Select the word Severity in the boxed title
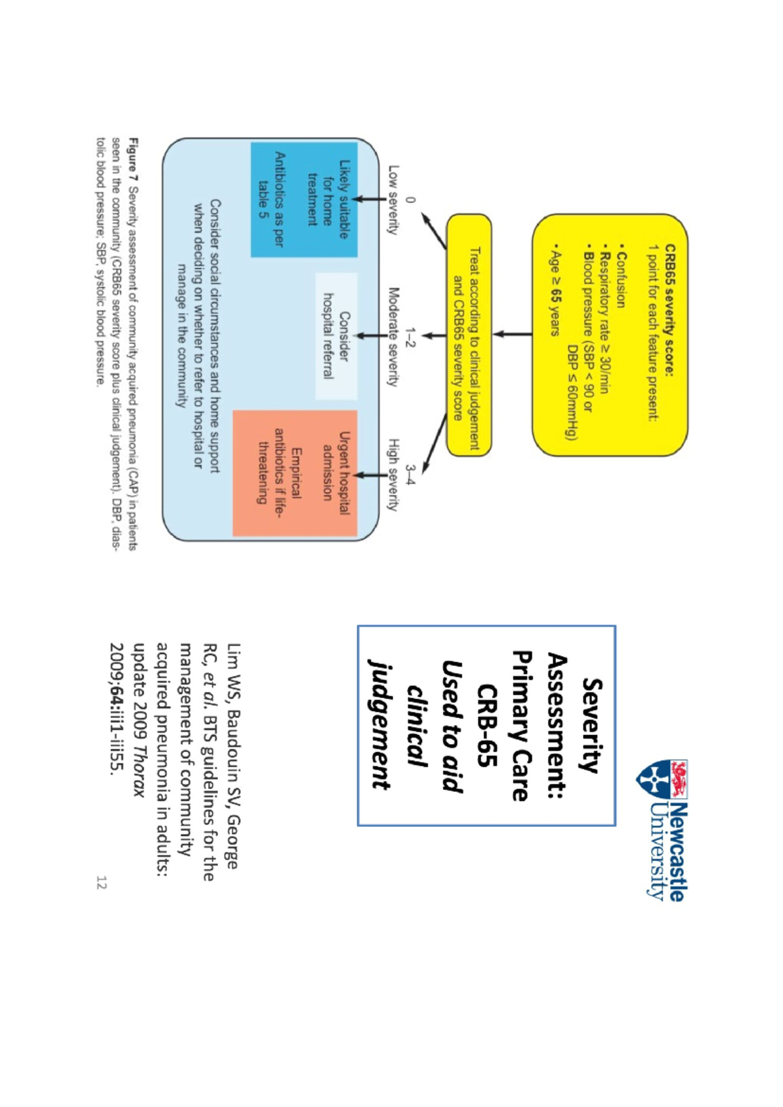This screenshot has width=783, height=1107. tap(591, 725)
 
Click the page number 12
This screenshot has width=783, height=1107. tap(100, 883)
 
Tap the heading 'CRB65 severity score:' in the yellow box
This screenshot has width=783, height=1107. tap(669, 311)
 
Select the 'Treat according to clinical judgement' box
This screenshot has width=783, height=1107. tap(468, 335)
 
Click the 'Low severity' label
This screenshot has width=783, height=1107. tap(393, 199)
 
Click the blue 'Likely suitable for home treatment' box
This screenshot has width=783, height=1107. tap(304, 199)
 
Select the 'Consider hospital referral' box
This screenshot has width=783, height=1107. tap(336, 336)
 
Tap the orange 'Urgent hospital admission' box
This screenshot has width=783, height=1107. tap(295, 473)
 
